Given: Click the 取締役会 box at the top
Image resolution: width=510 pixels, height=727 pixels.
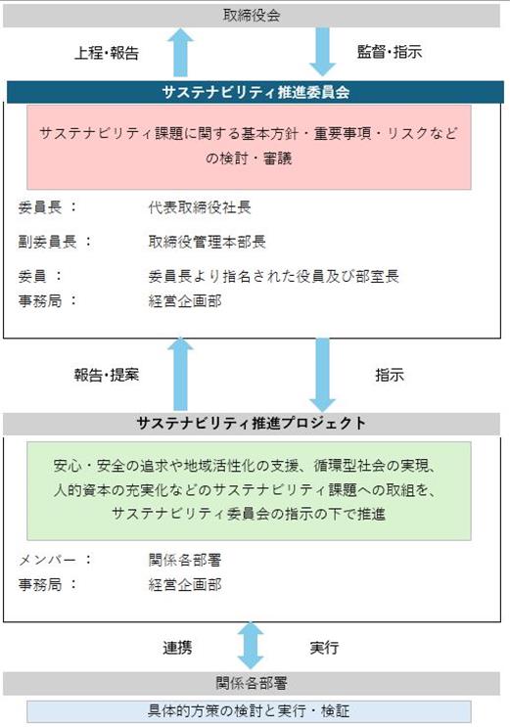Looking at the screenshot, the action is (252, 16).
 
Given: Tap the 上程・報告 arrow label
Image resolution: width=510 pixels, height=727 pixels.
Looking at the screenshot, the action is (107, 53).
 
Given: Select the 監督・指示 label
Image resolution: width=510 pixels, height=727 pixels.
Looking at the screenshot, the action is (390, 52).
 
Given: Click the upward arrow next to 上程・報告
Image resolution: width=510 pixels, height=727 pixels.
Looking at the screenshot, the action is (180, 52).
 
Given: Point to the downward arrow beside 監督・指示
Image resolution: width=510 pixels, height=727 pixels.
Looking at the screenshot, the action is (322, 52).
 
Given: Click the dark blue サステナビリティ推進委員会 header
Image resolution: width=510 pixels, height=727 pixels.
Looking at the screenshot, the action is (255, 92).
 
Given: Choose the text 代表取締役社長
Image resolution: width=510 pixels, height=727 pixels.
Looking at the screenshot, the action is (200, 207).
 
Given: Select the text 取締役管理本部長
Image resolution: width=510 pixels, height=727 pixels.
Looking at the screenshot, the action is (207, 241).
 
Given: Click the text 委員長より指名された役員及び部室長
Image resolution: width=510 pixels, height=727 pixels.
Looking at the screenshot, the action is (273, 276).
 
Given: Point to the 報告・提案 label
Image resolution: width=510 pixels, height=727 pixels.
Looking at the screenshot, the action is (107, 375).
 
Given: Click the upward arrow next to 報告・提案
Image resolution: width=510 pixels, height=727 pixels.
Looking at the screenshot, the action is (180, 375).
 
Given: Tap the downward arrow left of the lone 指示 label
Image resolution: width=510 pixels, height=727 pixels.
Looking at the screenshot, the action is (322, 375).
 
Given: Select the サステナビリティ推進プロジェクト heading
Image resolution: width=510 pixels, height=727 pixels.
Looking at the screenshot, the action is (252, 423).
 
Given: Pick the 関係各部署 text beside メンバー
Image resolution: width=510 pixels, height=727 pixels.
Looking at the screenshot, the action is (185, 560).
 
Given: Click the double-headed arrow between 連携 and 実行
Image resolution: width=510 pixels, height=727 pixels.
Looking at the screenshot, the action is (251, 646).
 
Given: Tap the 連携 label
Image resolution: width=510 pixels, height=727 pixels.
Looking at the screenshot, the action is (177, 647).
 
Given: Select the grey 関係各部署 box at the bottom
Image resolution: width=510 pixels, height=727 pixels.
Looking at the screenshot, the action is (252, 683).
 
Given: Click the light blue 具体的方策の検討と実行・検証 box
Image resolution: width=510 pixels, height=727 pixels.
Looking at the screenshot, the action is (249, 711).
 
